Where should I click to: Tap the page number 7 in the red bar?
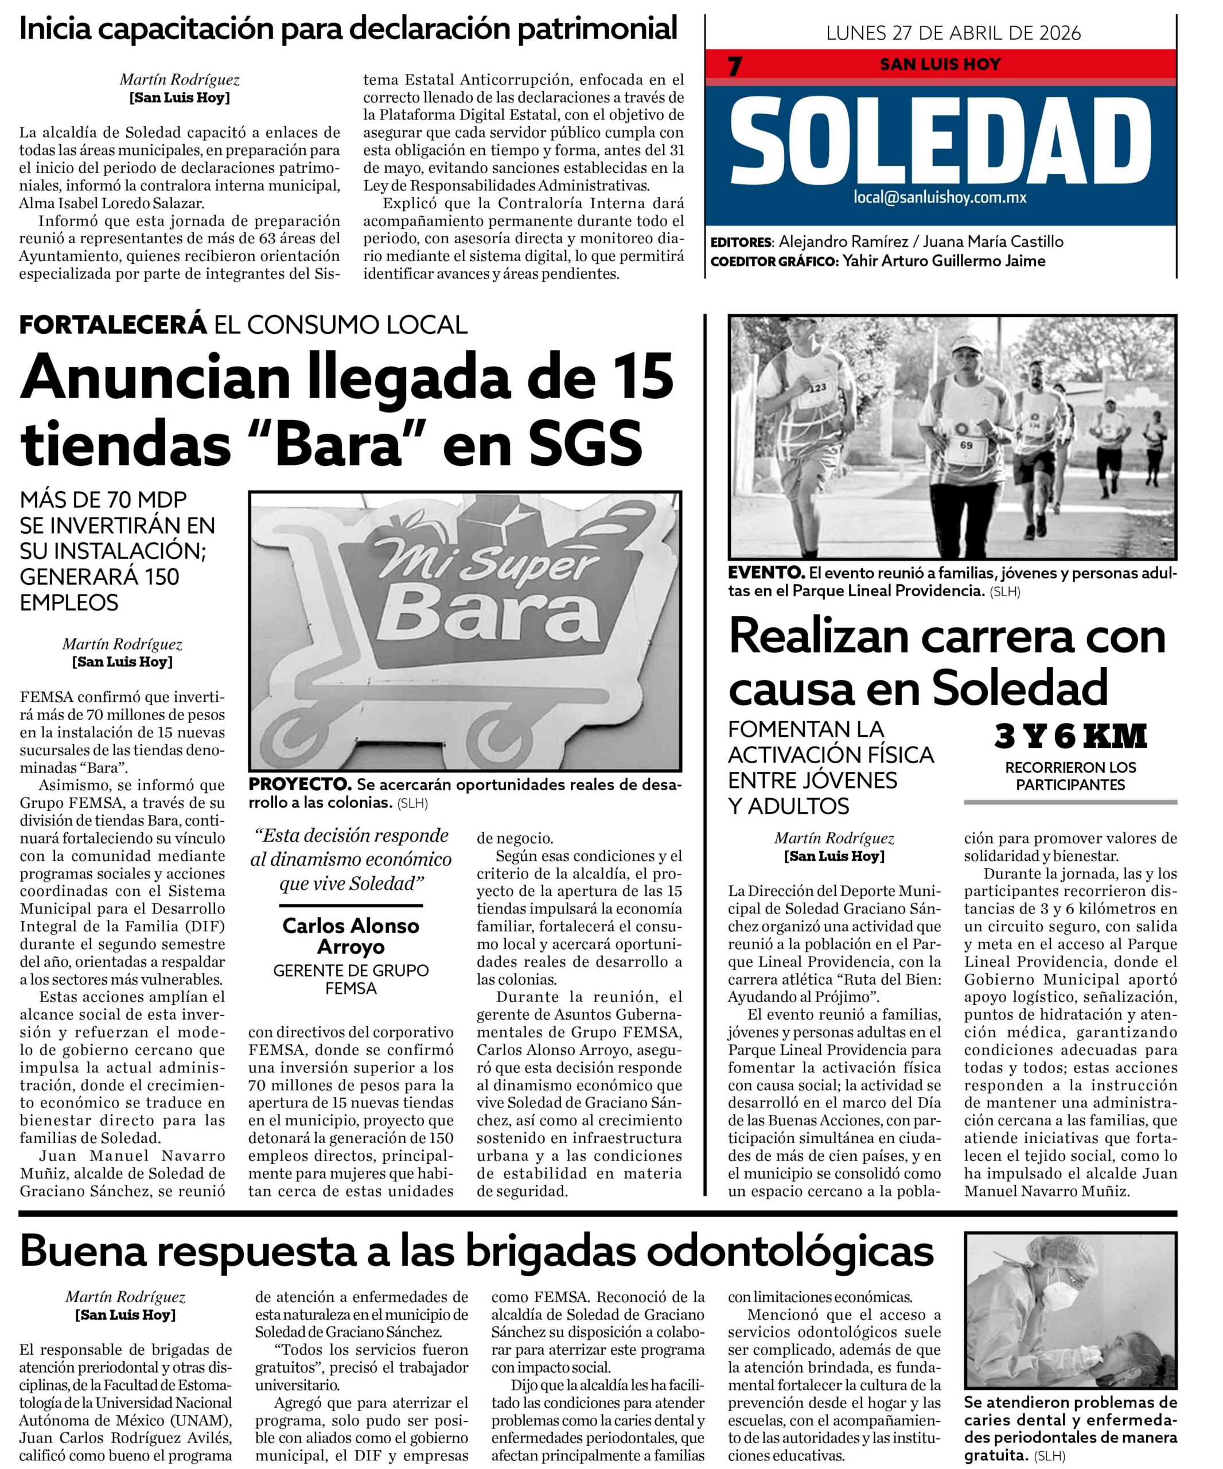pyautogui.click(x=734, y=67)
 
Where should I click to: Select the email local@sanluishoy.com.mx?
pyautogui.click(x=940, y=197)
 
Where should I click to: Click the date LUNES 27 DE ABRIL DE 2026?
pyautogui.click(x=953, y=33)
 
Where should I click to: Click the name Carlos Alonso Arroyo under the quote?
pyautogui.click(x=350, y=936)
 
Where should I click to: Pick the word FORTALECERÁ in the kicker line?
pyautogui.click(x=113, y=325)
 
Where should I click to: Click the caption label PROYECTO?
pyautogui.click(x=299, y=783)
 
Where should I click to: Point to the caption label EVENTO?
pyautogui.click(x=766, y=572)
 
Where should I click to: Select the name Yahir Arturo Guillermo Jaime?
pyautogui.click(x=944, y=261)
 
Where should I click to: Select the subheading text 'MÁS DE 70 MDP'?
pyautogui.click(x=103, y=500)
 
